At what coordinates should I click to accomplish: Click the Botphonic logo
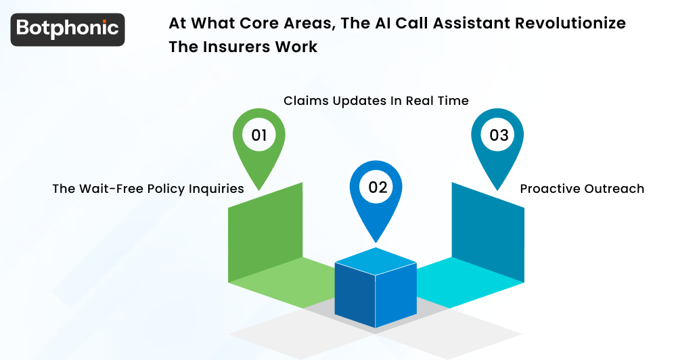click(x=68, y=29)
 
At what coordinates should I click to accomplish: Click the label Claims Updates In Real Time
click(x=376, y=101)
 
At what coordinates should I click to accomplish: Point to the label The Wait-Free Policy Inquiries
click(x=148, y=189)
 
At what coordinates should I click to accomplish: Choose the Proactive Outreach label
click(x=582, y=189)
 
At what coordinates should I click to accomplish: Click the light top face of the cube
click(x=376, y=259)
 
